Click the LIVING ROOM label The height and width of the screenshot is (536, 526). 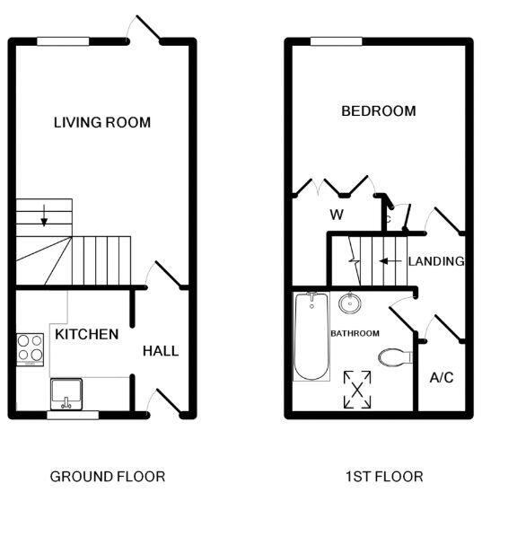[x=101, y=122]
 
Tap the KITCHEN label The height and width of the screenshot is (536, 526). [x=86, y=334]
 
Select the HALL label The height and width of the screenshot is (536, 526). [x=160, y=350]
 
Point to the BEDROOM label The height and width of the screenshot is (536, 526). [x=378, y=111]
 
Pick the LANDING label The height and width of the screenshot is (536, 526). [x=435, y=261]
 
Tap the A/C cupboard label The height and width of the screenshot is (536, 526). [x=442, y=378]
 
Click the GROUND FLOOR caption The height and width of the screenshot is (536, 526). [x=107, y=476]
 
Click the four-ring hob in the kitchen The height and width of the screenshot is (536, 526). [x=31, y=349]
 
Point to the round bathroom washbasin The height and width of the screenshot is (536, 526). [x=350, y=303]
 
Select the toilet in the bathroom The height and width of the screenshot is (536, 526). [x=394, y=357]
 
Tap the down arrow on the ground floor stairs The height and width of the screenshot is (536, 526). [x=43, y=216]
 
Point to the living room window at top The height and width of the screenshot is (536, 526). [x=63, y=40]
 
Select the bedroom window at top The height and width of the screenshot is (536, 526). [x=336, y=40]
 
